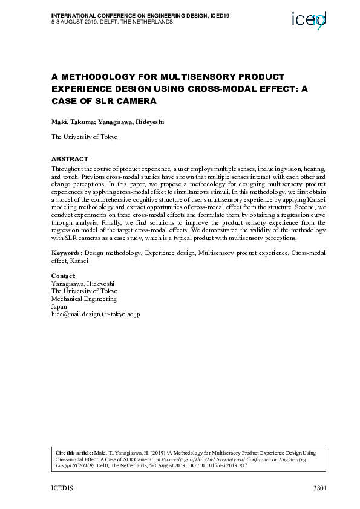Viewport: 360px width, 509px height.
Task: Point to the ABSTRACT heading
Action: [x=70, y=158]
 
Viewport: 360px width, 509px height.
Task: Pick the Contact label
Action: [x=63, y=276]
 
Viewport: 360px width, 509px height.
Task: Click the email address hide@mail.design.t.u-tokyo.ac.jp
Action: [x=96, y=315]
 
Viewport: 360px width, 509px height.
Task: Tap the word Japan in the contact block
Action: [x=60, y=307]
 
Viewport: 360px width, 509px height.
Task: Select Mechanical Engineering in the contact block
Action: [x=83, y=299]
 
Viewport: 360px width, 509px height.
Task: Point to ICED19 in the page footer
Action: [x=62, y=488]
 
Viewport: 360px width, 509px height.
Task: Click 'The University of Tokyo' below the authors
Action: [x=84, y=137]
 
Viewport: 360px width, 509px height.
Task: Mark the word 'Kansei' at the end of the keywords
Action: [x=79, y=261]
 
